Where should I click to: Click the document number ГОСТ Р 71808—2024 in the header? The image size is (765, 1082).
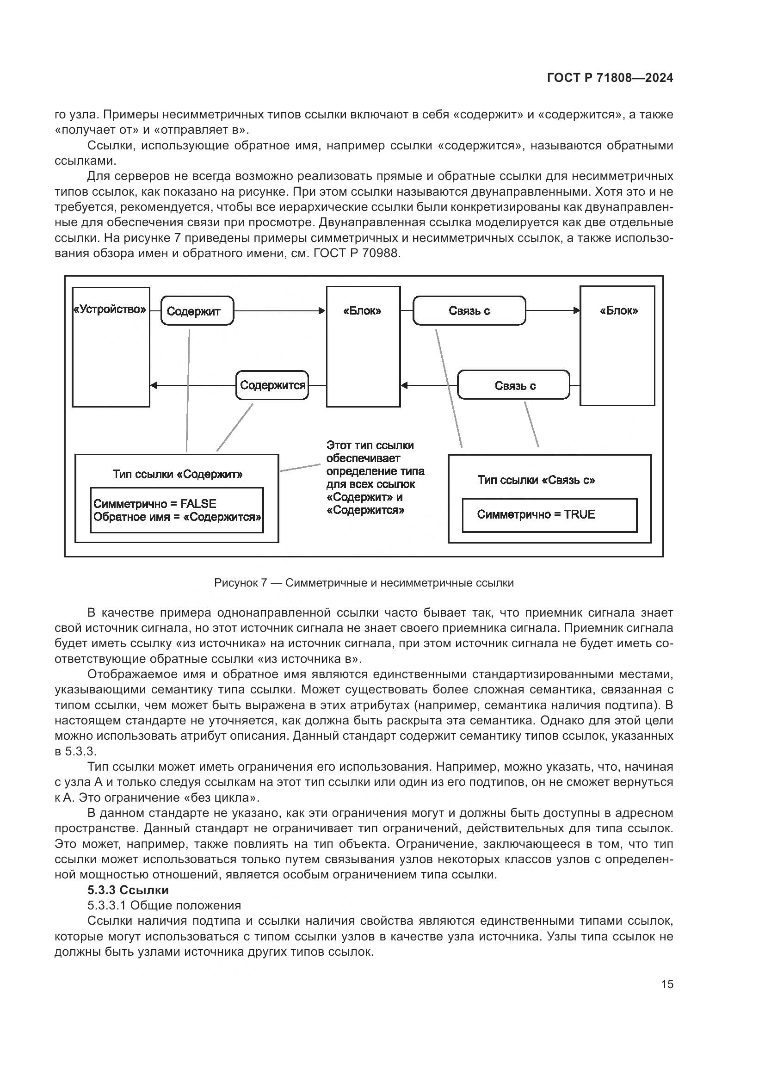click(610, 78)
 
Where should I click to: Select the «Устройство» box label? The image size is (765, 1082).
click(111, 309)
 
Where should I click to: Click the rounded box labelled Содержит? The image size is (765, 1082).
click(197, 310)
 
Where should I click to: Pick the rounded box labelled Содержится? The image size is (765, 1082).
click(272, 385)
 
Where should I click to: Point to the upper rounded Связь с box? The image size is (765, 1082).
click(469, 310)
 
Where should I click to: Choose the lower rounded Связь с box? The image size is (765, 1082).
click(514, 385)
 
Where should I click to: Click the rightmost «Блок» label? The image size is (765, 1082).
click(618, 310)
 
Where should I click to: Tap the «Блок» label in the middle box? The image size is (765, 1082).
click(362, 310)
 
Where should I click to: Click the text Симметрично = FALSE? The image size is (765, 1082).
click(155, 503)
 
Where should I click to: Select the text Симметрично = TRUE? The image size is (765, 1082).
click(536, 514)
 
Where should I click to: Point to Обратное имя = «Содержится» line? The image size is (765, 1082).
click(177, 517)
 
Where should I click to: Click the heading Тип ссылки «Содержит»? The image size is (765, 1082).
click(178, 474)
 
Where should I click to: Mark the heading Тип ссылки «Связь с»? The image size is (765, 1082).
click(536, 480)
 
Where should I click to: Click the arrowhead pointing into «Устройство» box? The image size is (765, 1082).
click(154, 385)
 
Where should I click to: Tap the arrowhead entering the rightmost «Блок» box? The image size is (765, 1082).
click(577, 310)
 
